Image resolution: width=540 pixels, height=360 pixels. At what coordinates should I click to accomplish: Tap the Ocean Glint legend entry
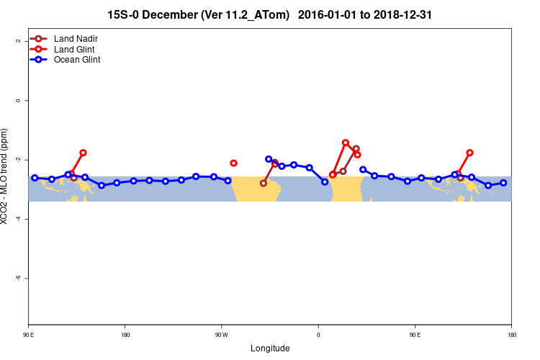click(76, 60)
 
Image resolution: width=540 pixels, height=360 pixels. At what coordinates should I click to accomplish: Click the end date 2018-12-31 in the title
click(408, 14)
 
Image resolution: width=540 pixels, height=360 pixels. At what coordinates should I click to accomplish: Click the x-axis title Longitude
click(270, 348)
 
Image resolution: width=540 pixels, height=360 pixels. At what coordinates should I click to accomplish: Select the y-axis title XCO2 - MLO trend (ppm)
click(6, 176)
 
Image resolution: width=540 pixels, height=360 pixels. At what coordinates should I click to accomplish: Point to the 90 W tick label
click(221, 335)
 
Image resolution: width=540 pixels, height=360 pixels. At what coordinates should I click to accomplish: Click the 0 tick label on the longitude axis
click(318, 335)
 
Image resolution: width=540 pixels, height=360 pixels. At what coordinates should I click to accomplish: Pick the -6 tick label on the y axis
click(18, 278)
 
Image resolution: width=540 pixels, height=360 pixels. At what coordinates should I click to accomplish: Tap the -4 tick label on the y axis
click(18, 219)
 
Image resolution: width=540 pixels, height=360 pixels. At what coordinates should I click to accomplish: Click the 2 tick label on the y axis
click(18, 41)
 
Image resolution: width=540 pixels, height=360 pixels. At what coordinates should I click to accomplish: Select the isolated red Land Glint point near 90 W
click(233, 163)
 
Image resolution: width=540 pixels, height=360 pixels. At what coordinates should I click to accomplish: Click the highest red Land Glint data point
click(346, 143)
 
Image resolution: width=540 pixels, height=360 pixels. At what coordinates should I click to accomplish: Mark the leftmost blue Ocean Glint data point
click(35, 178)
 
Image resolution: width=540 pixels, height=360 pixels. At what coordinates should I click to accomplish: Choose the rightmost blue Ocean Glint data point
click(503, 183)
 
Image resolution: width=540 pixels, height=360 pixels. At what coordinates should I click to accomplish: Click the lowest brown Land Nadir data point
click(264, 183)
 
